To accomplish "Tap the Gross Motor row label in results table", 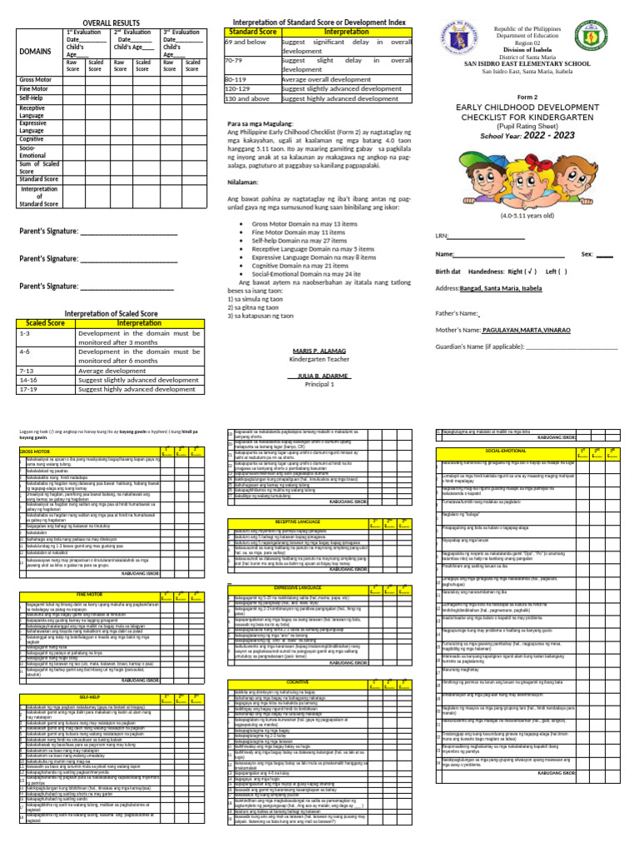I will coord(35,79).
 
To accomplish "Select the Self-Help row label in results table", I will coord(32,98).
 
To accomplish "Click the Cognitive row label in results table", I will coord(32,139).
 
